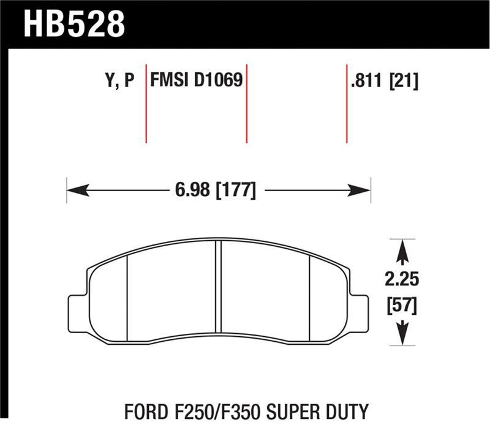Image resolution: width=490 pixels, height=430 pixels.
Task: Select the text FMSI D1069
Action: [197, 80]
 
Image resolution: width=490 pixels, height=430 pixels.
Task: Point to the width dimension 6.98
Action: [193, 190]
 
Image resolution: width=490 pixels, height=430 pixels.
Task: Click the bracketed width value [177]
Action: [235, 190]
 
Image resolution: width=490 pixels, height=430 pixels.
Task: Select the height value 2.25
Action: [402, 281]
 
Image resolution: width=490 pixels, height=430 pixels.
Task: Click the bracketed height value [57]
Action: [402, 304]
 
